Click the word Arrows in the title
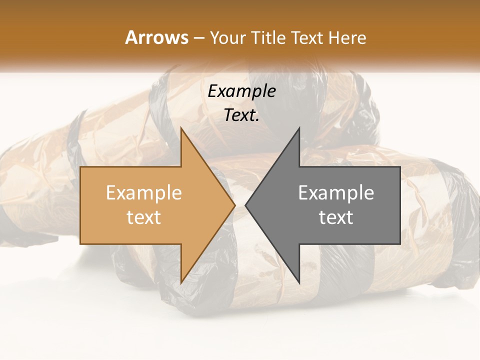[x=157, y=37]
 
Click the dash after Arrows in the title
[x=198, y=38]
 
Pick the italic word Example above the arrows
[x=241, y=91]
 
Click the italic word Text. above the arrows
[x=241, y=115]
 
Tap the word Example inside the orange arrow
[x=144, y=192]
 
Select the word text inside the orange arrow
[x=144, y=217]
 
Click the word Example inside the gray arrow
[x=336, y=192]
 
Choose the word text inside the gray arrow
[x=336, y=217]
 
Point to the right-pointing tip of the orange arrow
[x=235, y=205]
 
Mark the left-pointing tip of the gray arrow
[x=245, y=205]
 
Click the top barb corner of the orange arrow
[x=181, y=128]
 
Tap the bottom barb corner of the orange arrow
[x=181, y=283]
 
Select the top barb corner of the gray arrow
[x=299, y=128]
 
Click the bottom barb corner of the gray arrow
[x=299, y=283]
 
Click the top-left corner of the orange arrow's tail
[x=80, y=167]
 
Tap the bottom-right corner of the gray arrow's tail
[x=400, y=244]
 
